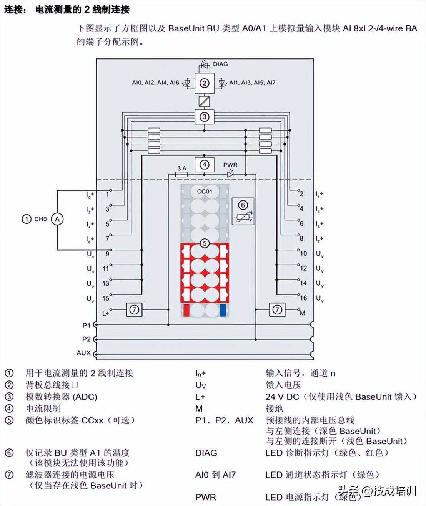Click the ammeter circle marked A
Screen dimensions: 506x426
(x=57, y=219)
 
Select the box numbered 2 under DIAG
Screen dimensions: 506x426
(x=204, y=83)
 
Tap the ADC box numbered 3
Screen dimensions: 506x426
(x=204, y=117)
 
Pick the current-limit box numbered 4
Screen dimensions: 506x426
(x=204, y=165)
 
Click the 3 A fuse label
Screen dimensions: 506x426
(x=181, y=168)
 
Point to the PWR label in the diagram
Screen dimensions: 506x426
(x=230, y=165)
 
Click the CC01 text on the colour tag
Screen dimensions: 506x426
(x=205, y=191)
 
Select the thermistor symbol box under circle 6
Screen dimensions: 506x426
(x=243, y=217)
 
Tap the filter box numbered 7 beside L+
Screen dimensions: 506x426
(x=134, y=309)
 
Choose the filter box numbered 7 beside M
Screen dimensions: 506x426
(x=277, y=309)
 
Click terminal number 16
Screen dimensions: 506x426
(x=303, y=298)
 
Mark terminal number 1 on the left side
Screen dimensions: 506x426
(x=107, y=194)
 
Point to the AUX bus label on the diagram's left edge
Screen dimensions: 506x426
(x=83, y=352)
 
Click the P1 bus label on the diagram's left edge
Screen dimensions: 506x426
(x=86, y=325)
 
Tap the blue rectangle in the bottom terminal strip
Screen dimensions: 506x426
(x=223, y=310)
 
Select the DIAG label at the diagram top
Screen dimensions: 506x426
(x=220, y=64)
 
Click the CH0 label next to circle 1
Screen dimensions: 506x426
(x=40, y=219)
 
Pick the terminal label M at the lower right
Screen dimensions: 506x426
(x=303, y=313)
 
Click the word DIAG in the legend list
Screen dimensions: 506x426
(x=206, y=453)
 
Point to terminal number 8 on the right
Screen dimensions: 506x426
(x=301, y=238)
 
